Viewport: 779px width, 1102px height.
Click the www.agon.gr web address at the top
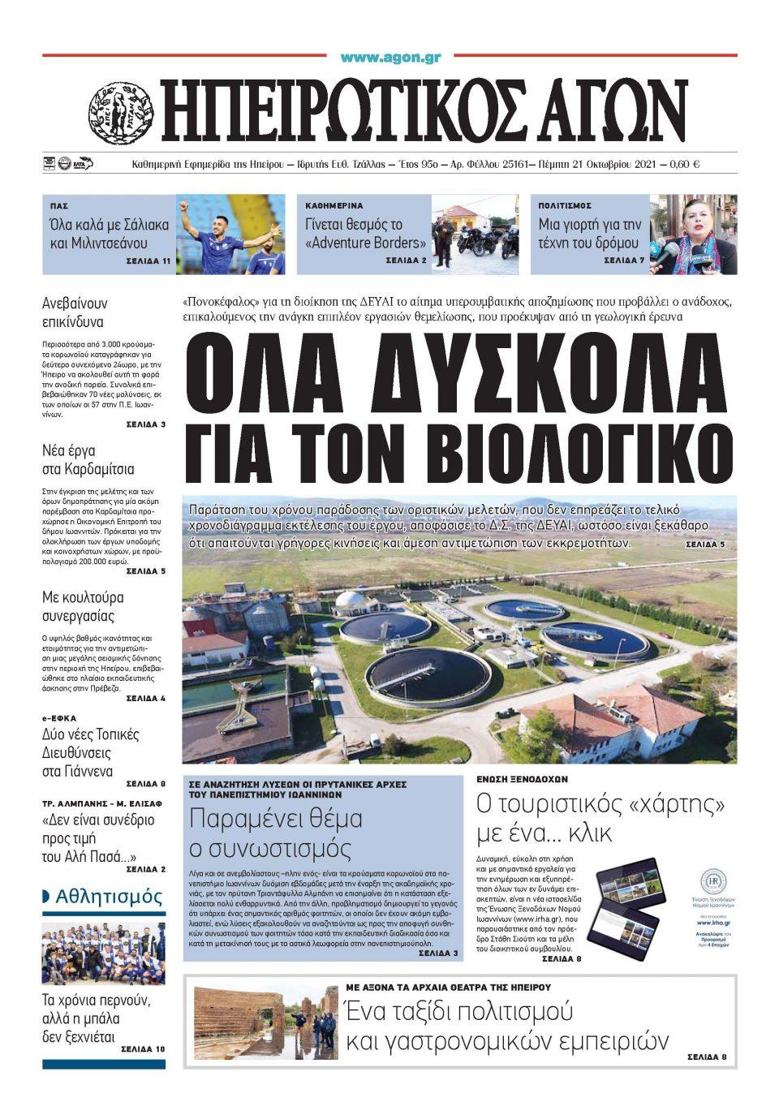(x=390, y=58)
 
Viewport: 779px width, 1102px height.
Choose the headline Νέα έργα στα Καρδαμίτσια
(x=88, y=459)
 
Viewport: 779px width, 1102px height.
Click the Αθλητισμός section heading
(x=109, y=897)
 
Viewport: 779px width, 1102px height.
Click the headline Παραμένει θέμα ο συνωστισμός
(x=276, y=833)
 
